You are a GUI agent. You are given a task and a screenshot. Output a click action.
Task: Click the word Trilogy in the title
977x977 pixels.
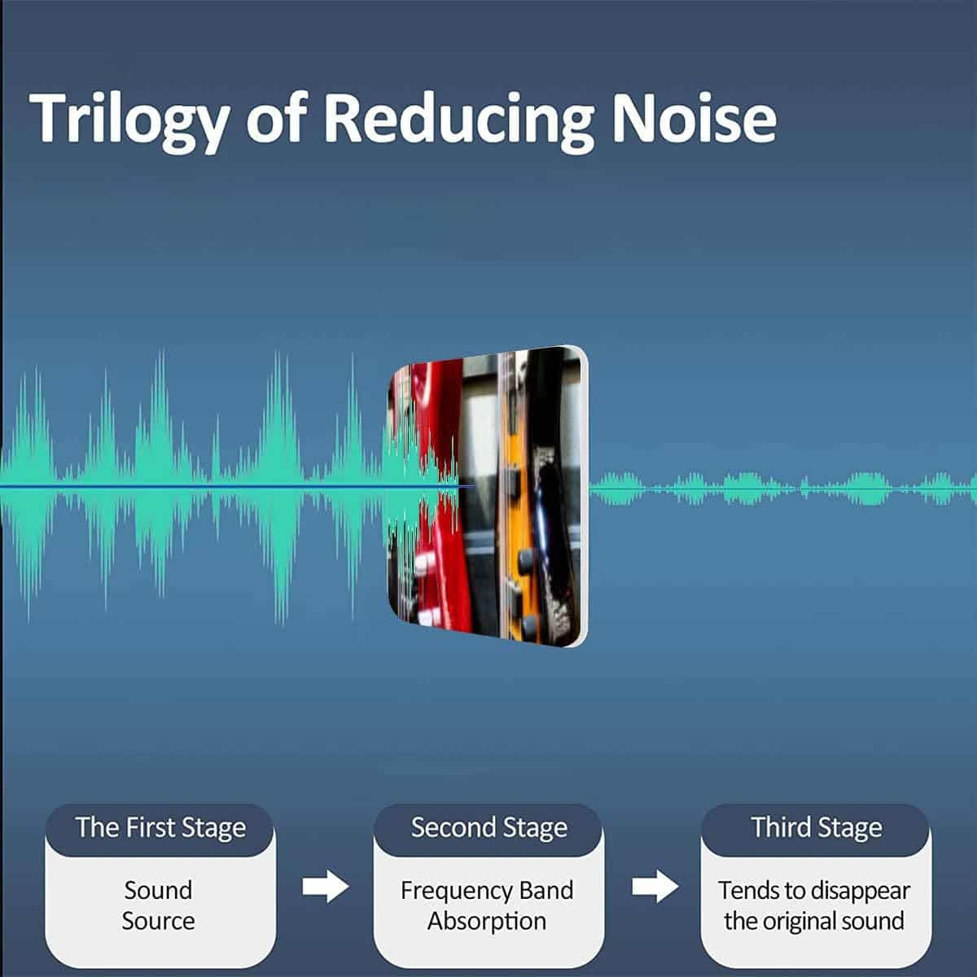pyautogui.click(x=129, y=122)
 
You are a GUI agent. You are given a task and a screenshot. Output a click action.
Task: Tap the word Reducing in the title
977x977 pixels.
pyautogui.click(x=458, y=122)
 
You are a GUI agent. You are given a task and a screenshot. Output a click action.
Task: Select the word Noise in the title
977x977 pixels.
pyautogui.click(x=694, y=119)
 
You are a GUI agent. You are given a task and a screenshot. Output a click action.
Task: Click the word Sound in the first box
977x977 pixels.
pyautogui.click(x=158, y=891)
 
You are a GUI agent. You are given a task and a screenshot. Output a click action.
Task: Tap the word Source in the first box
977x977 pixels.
pyautogui.click(x=158, y=921)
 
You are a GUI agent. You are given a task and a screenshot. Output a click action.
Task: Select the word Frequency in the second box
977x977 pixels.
pyautogui.click(x=456, y=892)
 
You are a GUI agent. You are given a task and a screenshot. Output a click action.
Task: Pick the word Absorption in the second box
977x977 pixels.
pyautogui.click(x=487, y=922)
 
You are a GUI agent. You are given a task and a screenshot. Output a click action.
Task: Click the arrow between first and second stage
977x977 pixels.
pyautogui.click(x=326, y=886)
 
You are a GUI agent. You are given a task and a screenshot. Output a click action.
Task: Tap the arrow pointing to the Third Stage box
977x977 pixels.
pyautogui.click(x=655, y=886)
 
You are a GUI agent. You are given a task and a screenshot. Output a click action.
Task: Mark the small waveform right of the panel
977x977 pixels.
pyautogui.click(x=782, y=488)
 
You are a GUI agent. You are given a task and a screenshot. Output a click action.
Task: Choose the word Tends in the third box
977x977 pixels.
pyautogui.click(x=742, y=891)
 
